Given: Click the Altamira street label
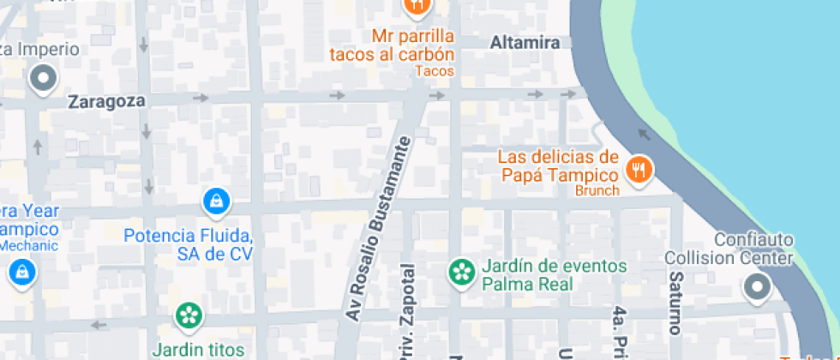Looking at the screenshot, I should (525, 42).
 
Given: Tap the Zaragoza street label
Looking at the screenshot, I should (106, 101).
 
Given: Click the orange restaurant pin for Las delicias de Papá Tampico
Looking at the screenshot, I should (638, 169).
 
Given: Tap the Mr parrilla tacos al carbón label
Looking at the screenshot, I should (413, 46).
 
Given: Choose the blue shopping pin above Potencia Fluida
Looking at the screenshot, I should (215, 202).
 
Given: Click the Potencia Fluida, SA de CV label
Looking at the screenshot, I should (189, 244).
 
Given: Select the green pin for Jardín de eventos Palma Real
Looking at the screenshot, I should (462, 273).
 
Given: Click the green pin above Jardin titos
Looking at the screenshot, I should (188, 315).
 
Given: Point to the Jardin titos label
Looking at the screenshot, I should (198, 349).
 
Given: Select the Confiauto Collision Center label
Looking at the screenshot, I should (729, 249).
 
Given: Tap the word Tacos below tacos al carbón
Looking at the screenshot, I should (434, 71).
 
